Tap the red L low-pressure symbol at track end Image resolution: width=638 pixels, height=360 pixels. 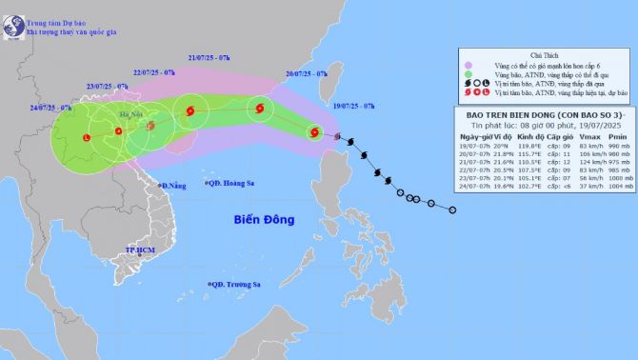tap(87, 139)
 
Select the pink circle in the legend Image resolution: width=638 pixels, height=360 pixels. tap(468, 67)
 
